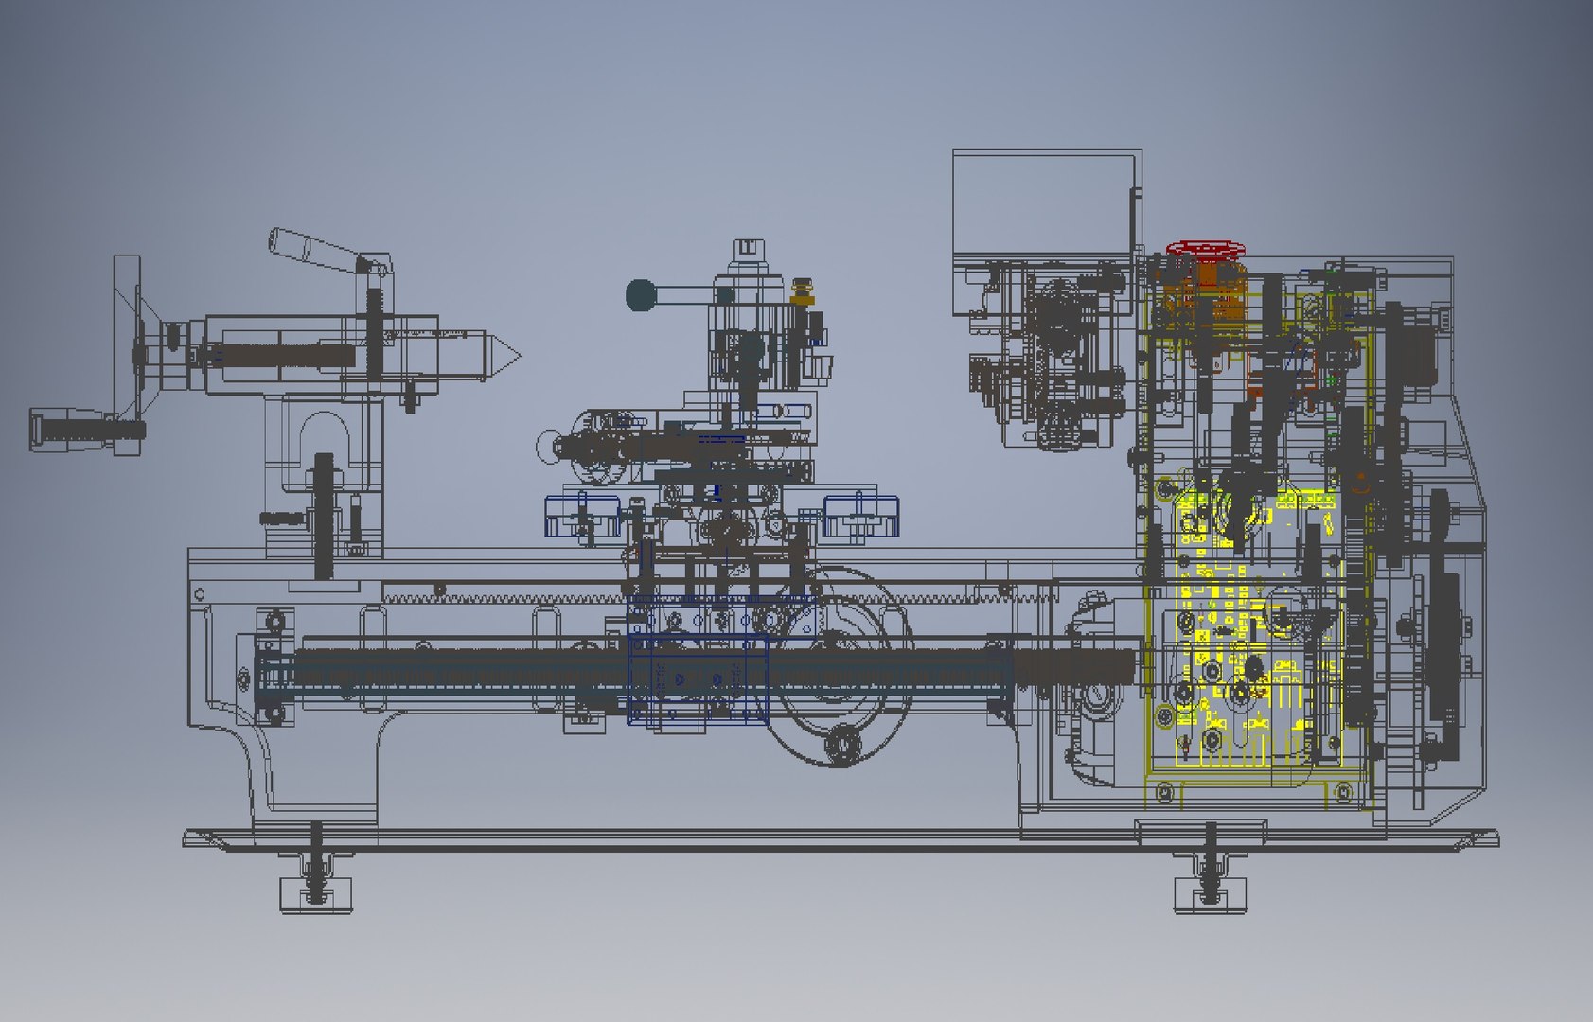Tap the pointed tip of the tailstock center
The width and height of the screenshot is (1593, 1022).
point(516,358)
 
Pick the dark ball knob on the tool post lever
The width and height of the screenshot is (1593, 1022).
point(642,295)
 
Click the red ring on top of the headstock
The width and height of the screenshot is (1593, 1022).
point(1204,249)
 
